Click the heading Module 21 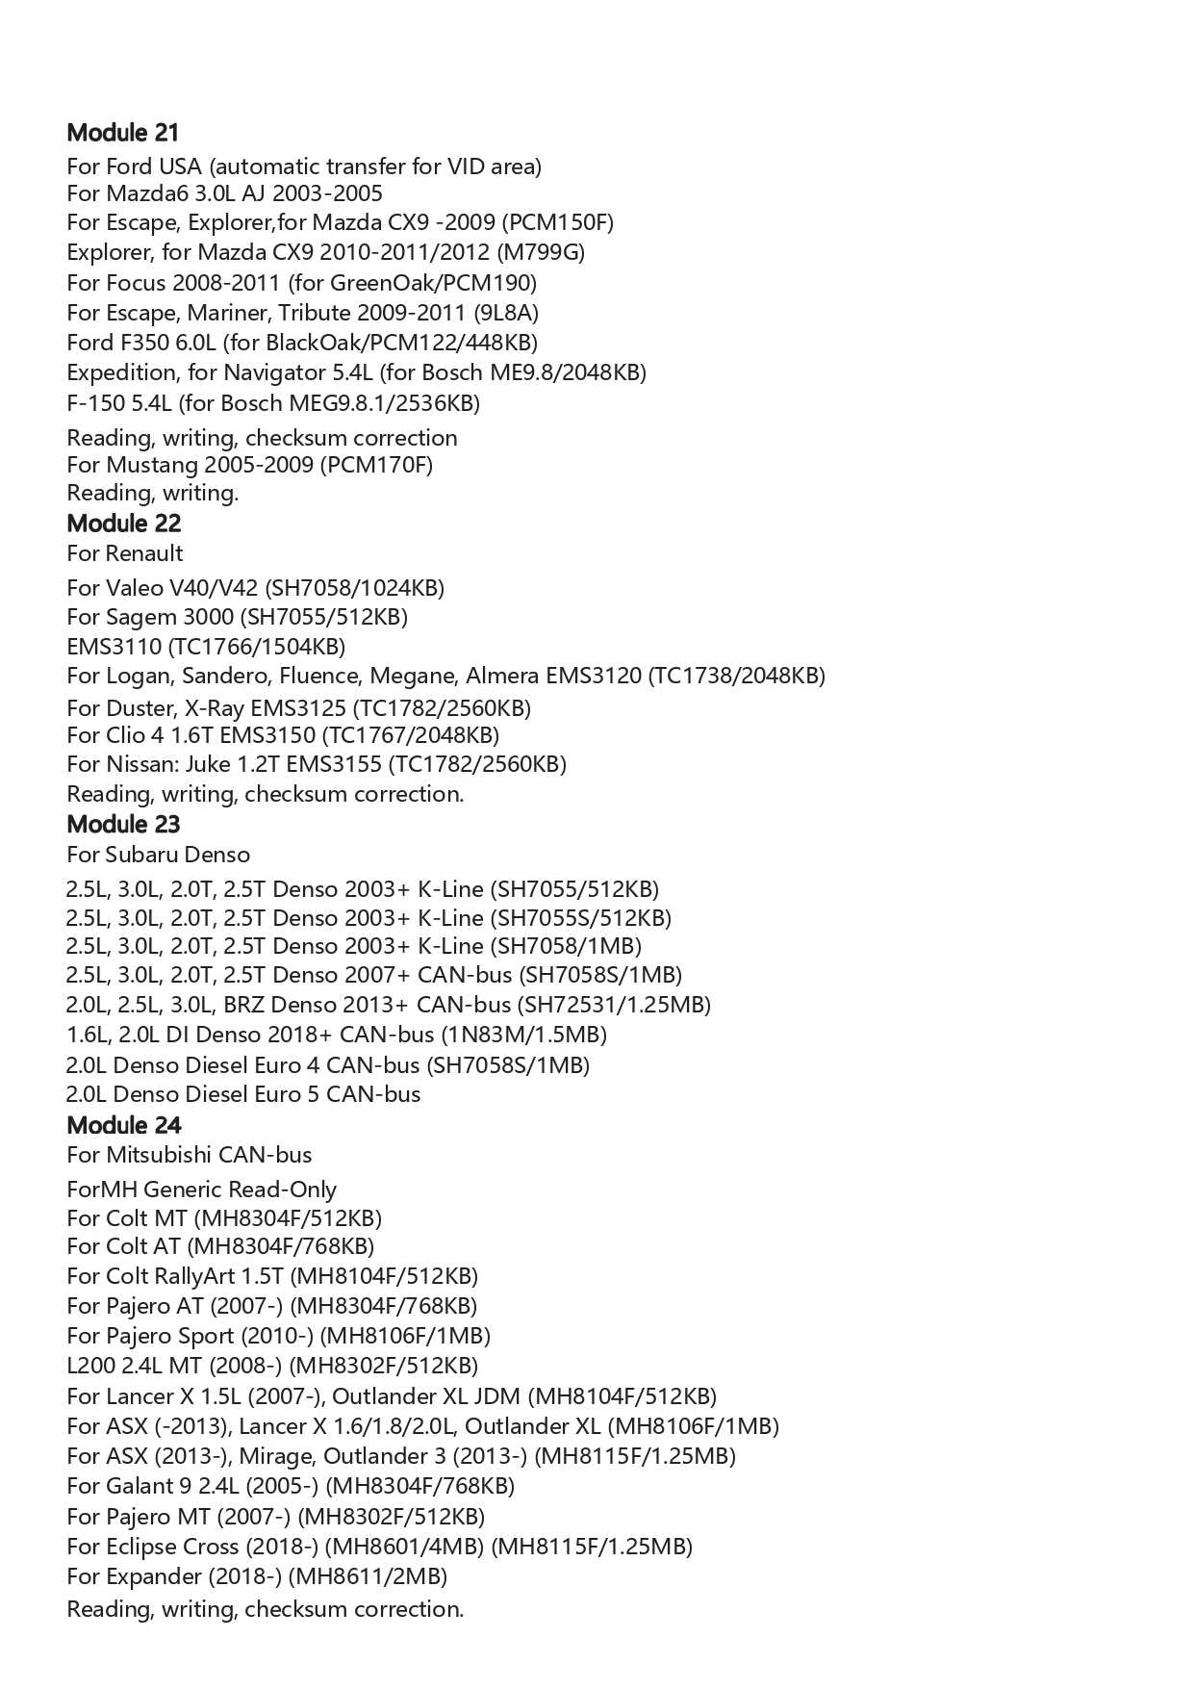click(123, 133)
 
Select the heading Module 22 click(124, 524)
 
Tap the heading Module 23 click(124, 825)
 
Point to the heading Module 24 click(124, 1125)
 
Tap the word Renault click(144, 553)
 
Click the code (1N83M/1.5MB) click(523, 1035)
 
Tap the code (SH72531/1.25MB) click(614, 1005)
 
